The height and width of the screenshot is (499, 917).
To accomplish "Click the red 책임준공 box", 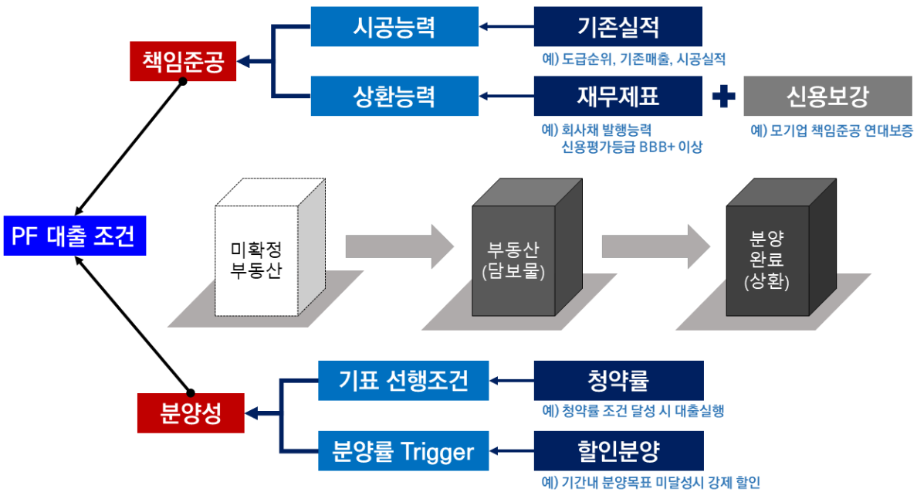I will pos(183,61).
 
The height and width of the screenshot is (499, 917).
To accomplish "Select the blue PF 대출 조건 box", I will pos(73,236).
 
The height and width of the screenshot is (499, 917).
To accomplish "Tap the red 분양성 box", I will pos(191,412).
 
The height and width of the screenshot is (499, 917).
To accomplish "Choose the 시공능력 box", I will pos(394,27).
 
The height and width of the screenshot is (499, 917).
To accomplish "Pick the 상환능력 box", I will pos(394,97).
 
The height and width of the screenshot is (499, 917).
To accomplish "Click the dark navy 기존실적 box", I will pos(618,27).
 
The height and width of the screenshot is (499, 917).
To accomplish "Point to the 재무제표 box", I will pos(618,97).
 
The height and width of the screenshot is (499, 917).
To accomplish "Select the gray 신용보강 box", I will pos(827,97).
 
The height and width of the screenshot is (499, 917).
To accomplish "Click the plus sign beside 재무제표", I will pos(723,97).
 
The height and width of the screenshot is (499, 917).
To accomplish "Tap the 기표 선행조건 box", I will pos(404,380).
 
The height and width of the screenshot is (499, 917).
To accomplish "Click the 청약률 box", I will pos(618,380).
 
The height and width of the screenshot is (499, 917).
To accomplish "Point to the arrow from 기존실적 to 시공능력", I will pos(506,27).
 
